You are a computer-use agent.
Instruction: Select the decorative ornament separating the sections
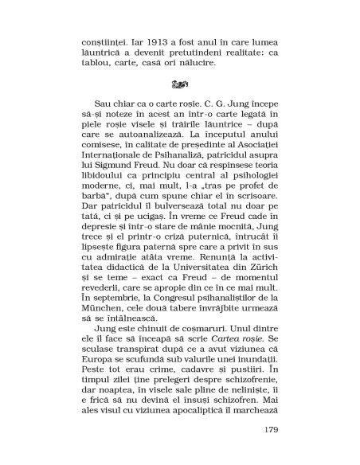180,82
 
